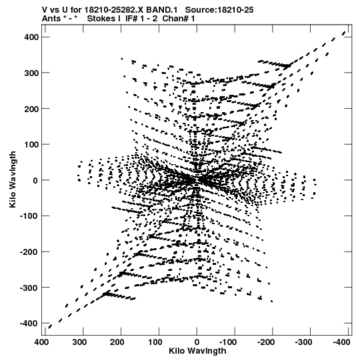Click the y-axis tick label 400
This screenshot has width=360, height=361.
click(31, 37)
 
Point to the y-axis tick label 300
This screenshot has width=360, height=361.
click(31, 73)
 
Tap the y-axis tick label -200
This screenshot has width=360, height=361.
click(29, 252)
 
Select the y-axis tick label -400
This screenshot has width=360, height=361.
click(29, 323)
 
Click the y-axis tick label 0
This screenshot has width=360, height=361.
click(35, 180)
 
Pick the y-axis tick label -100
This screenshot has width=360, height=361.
click(29, 216)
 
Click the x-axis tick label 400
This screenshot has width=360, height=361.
click(41, 342)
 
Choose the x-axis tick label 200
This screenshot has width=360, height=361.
click(117, 342)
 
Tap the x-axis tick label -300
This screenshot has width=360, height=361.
click(304, 342)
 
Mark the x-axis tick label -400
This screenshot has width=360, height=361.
click(341, 342)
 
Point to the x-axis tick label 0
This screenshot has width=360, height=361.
click(197, 342)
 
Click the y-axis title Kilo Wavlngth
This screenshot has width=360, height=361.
click(13, 179)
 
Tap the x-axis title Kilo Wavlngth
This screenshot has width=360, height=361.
click(197, 351)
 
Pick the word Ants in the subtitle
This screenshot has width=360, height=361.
click(51, 19)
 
